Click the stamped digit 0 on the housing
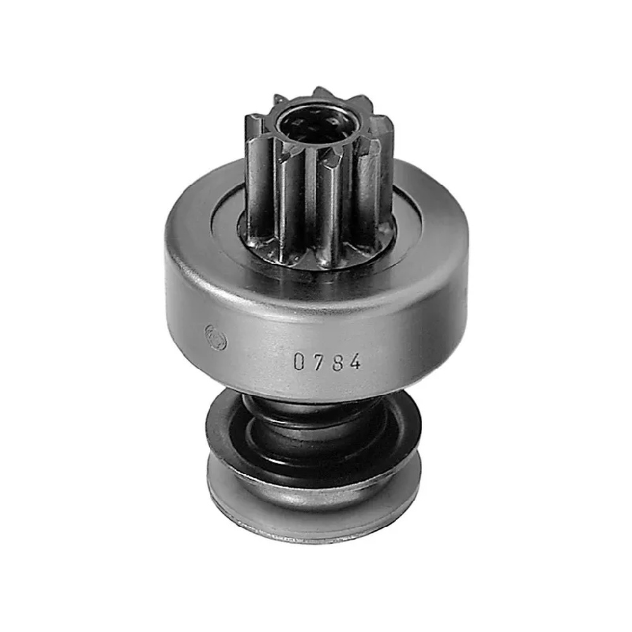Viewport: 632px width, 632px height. [x=299, y=361]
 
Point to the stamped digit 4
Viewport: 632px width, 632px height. [x=355, y=362]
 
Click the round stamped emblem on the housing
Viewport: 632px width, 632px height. [x=216, y=337]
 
